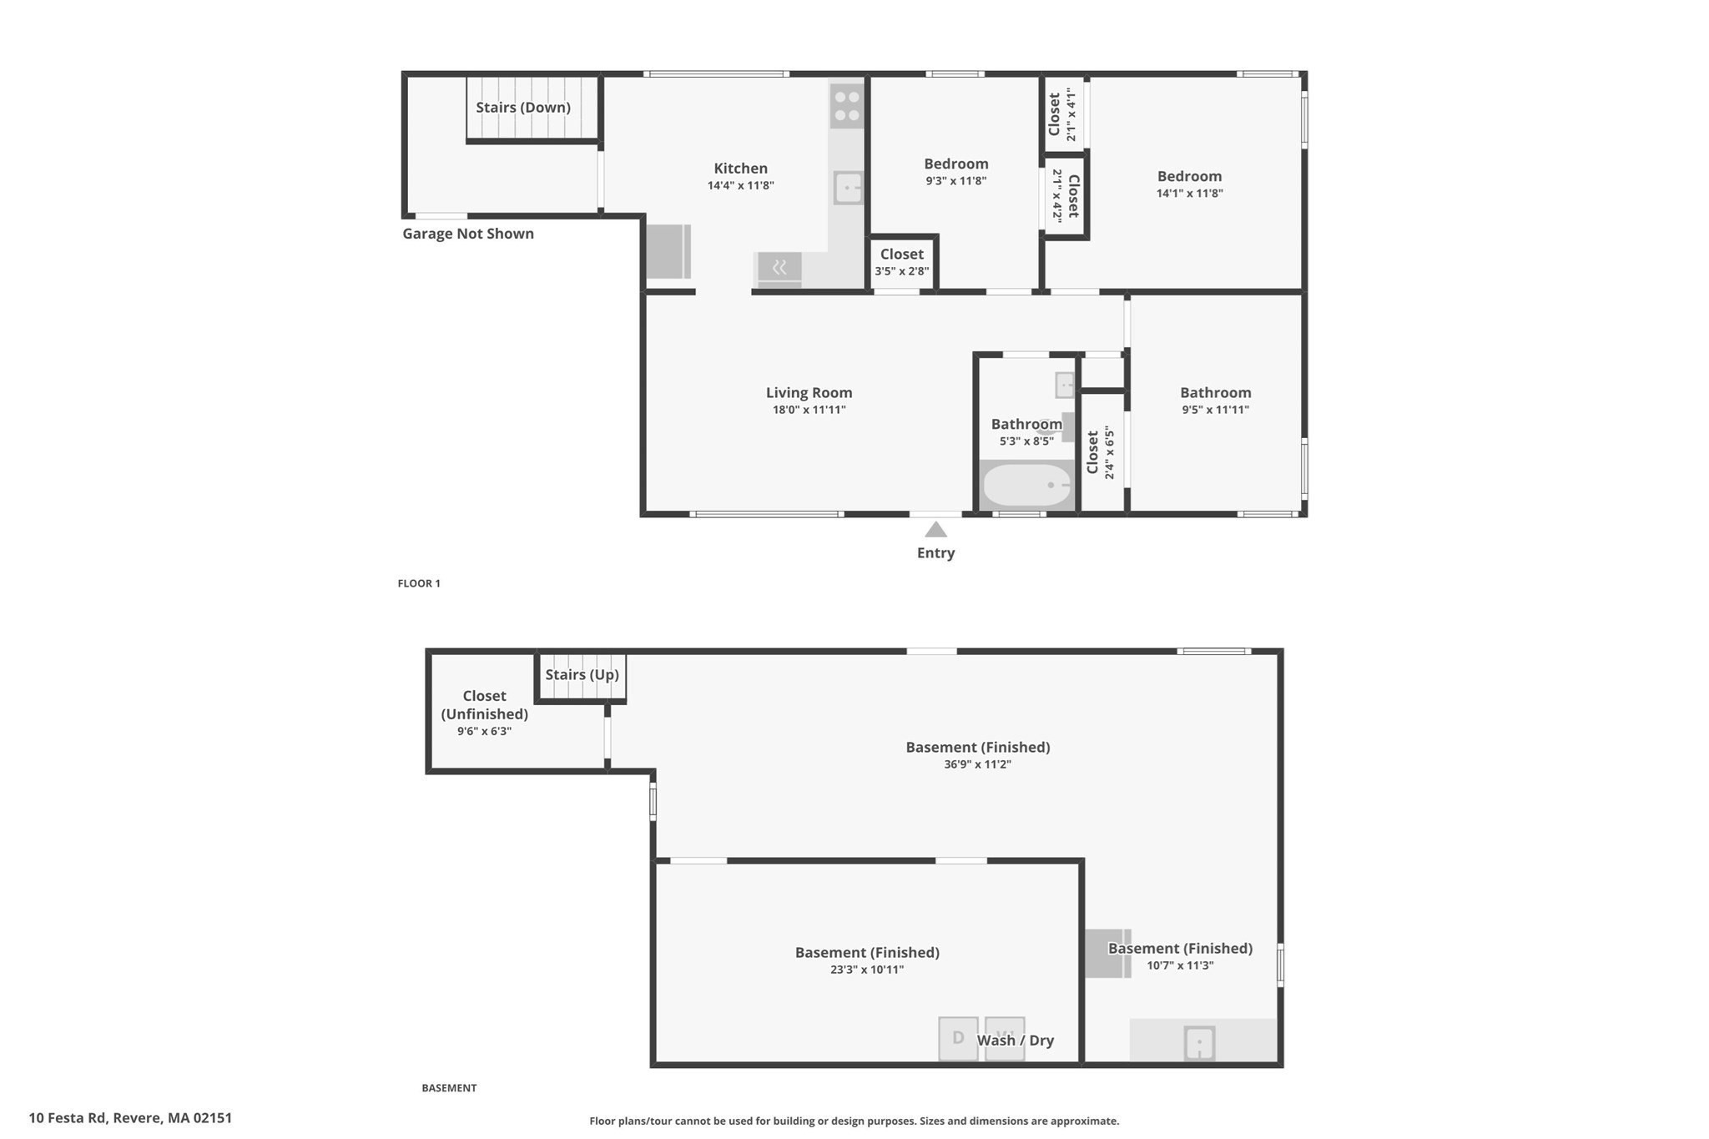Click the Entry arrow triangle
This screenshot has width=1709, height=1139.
point(935,530)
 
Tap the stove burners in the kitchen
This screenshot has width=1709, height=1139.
point(846,106)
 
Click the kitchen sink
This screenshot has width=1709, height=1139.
point(848,188)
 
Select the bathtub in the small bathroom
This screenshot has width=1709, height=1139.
point(1026,485)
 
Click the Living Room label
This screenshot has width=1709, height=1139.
point(809,392)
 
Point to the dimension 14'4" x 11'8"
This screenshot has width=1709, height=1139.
point(740,186)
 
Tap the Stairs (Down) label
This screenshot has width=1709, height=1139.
point(523,108)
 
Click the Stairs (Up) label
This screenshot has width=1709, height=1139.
point(582,674)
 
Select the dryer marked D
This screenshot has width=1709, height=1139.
point(958,1038)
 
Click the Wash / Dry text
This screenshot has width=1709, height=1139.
point(1015,1041)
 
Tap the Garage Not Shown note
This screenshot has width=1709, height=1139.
point(468,234)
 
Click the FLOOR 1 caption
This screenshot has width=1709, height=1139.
point(419,583)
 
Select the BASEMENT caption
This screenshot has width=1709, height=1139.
point(449,1087)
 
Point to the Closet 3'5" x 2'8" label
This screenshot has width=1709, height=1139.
point(901,255)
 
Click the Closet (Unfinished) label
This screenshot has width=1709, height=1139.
point(484,704)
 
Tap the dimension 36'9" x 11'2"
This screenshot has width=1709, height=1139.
point(977,764)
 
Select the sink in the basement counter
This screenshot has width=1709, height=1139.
point(1199,1043)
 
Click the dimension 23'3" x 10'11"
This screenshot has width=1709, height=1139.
point(866,970)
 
